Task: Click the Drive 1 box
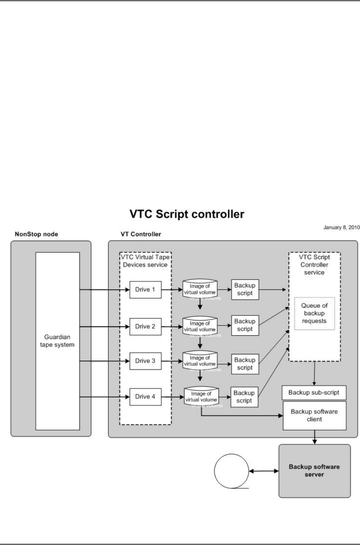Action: point(145,289)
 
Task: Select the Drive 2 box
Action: point(145,326)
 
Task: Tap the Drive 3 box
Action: point(145,361)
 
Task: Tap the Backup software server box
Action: point(314,471)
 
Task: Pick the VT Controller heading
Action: point(134,234)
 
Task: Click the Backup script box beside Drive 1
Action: point(245,289)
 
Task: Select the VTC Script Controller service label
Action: point(314,265)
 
